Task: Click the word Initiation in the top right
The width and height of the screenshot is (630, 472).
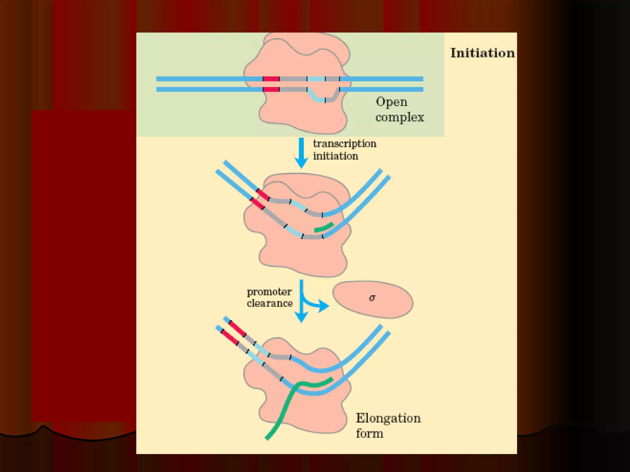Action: (x=482, y=53)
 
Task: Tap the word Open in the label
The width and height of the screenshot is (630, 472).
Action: (x=392, y=102)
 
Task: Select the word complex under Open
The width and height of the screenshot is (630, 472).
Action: (x=400, y=117)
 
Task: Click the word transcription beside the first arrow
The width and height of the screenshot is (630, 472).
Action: (x=345, y=144)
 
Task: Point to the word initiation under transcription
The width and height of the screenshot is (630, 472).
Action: (x=335, y=156)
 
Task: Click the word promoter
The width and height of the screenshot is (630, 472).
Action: (x=269, y=292)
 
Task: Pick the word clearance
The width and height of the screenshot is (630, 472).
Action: (x=270, y=304)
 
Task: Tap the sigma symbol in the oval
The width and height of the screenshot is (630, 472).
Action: (x=372, y=298)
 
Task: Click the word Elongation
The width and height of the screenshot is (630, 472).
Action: (x=388, y=419)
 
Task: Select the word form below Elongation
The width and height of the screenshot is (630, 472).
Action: (x=369, y=434)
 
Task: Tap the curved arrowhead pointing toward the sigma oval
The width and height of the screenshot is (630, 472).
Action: (x=323, y=306)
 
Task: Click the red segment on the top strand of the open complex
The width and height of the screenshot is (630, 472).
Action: (x=271, y=79)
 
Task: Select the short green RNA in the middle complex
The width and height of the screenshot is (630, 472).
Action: (x=324, y=228)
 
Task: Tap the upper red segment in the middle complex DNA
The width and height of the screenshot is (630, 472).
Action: (x=263, y=195)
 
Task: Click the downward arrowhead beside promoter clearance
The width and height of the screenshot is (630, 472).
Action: (x=301, y=317)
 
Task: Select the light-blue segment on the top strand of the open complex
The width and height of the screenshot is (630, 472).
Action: (x=316, y=79)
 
